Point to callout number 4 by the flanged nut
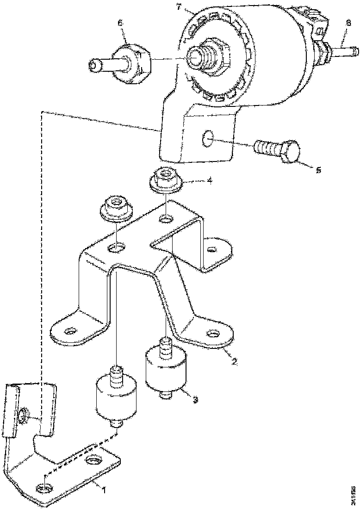click(210, 181)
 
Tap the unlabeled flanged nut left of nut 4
click(115, 208)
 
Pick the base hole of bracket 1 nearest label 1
click(43, 489)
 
